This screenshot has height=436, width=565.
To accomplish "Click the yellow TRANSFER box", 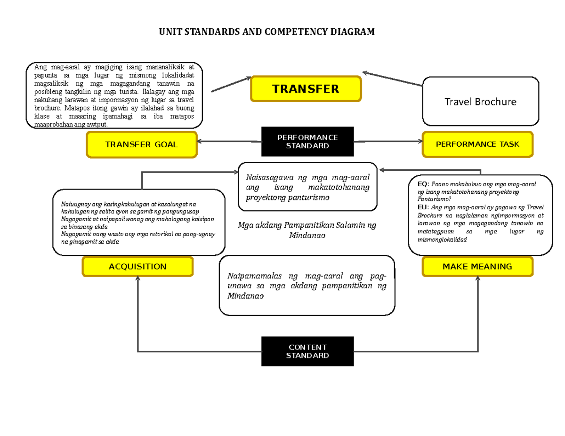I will point(306,88).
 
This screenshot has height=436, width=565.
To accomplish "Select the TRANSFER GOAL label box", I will point(141,144).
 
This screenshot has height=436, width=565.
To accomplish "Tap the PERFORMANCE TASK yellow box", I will point(477,144).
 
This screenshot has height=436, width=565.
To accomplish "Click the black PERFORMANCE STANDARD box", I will point(307,142).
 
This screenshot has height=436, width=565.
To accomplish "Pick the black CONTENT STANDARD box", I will point(307,351).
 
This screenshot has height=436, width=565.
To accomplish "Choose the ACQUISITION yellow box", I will point(137,267).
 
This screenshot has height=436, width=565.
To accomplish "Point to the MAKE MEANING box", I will point(477,267).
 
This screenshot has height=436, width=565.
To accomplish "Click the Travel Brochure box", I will point(480,102).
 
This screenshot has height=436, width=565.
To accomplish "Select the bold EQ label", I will point(422,184).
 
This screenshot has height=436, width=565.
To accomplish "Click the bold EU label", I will point(422,207).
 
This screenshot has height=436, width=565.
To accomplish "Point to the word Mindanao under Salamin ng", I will point(307,235).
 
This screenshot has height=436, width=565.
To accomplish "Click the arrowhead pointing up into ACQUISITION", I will point(137,279).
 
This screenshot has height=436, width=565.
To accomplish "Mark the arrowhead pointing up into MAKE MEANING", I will point(477,279).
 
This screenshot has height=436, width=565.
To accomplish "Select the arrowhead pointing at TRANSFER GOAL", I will point(200,141).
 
